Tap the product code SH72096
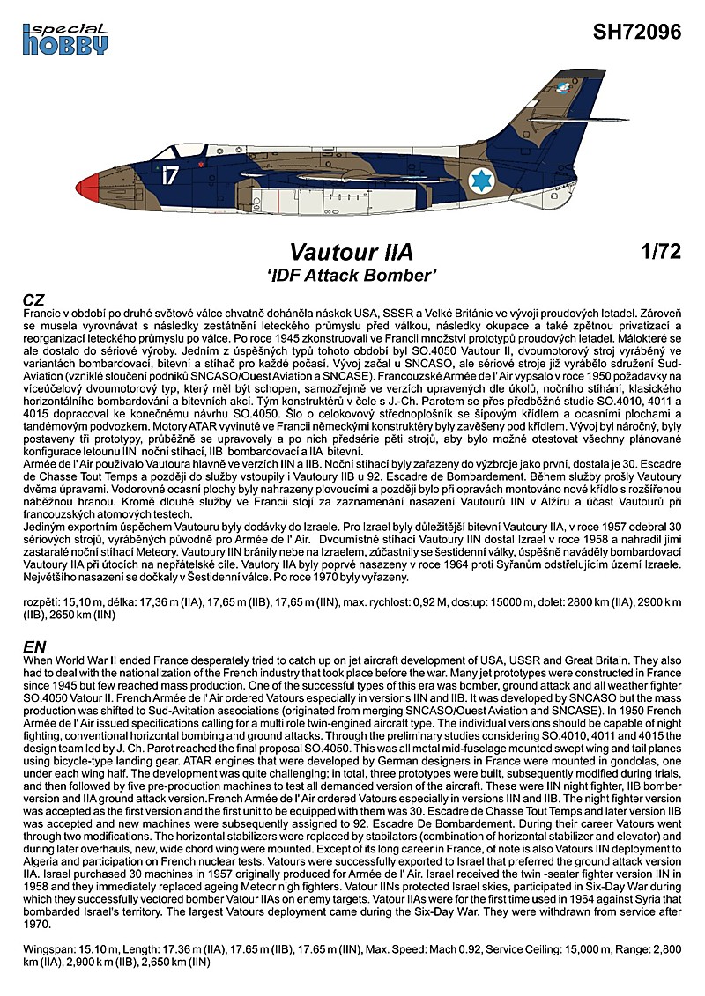coord(638,33)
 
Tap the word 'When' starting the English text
coord(39,660)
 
